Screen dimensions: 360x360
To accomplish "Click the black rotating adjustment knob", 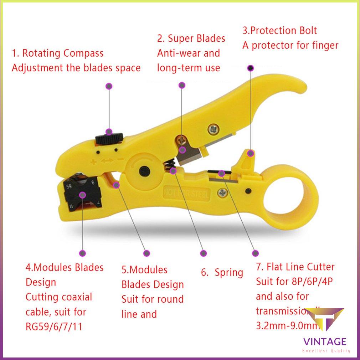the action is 109,138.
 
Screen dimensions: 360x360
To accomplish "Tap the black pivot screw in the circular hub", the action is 145,170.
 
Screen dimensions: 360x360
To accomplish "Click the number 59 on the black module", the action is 70,186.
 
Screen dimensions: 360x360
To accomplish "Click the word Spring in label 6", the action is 229,273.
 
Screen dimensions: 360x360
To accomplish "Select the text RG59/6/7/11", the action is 54,326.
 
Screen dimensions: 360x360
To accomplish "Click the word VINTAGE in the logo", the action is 324,342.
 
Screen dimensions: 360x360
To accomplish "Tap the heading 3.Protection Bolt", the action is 279,31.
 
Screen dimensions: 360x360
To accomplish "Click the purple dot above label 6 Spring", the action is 204,253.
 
